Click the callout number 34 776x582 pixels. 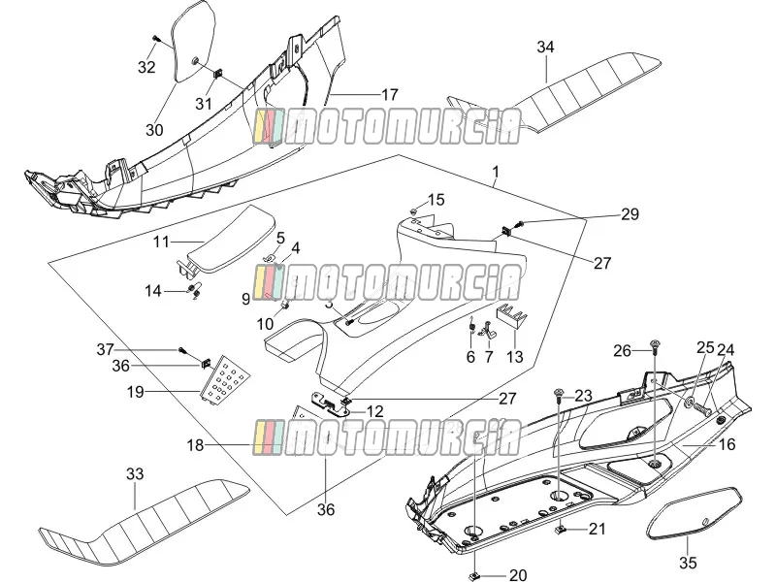click(545, 47)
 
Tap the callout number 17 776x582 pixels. click(390, 94)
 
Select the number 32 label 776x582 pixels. click(146, 67)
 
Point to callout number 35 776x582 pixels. click(688, 563)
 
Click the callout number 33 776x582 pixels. click(135, 474)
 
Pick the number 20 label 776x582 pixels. click(518, 574)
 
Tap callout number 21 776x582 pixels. click(597, 529)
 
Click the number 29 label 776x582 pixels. click(630, 214)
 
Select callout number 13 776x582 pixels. click(515, 356)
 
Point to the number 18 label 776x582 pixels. click(196, 445)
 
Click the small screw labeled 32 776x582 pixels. click(156, 39)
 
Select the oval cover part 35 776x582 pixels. click(695, 513)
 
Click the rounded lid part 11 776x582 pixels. click(225, 238)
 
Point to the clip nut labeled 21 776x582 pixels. click(561, 529)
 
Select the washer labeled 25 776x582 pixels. click(690, 401)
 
